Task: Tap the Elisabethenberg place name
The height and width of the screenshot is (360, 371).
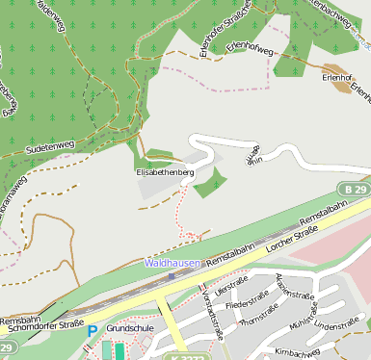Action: [165, 171]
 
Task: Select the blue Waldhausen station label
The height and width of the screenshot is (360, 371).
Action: [172, 262]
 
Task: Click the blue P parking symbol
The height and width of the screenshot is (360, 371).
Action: [93, 331]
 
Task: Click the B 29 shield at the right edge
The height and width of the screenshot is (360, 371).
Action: [356, 189]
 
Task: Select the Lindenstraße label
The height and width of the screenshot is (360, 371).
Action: [336, 326]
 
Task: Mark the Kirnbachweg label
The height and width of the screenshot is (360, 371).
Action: [296, 352]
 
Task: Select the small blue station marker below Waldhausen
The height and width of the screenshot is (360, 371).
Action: [172, 275]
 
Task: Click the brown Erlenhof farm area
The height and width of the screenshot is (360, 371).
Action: [340, 84]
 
